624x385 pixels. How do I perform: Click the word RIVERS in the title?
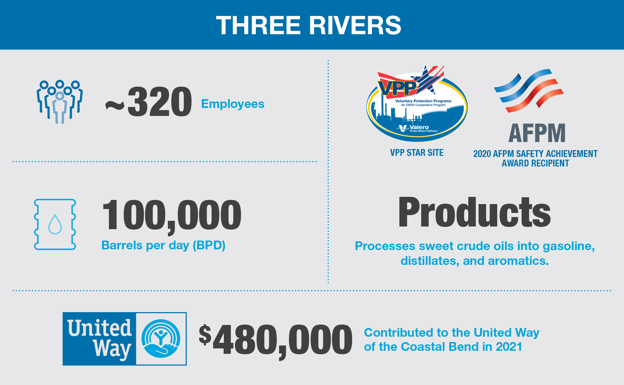[x=355, y=25]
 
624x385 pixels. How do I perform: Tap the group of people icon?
[x=59, y=101]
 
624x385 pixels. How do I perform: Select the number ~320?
[x=148, y=103]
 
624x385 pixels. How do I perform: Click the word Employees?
[x=233, y=104]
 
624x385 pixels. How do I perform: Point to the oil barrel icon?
[x=55, y=224]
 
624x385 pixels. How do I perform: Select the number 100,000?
[x=172, y=215]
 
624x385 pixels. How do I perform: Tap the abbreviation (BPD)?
[x=209, y=246]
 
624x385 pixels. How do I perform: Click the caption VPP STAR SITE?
[x=417, y=153]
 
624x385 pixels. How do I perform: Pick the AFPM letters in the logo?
[x=537, y=133]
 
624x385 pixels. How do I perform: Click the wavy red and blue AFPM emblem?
[x=529, y=90]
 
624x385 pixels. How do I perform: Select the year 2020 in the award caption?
[x=482, y=154]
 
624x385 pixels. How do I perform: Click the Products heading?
[x=474, y=212]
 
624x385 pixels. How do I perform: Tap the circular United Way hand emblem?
[x=161, y=338]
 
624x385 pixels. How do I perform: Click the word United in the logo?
[x=100, y=328]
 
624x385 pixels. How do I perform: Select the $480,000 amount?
[x=276, y=339]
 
